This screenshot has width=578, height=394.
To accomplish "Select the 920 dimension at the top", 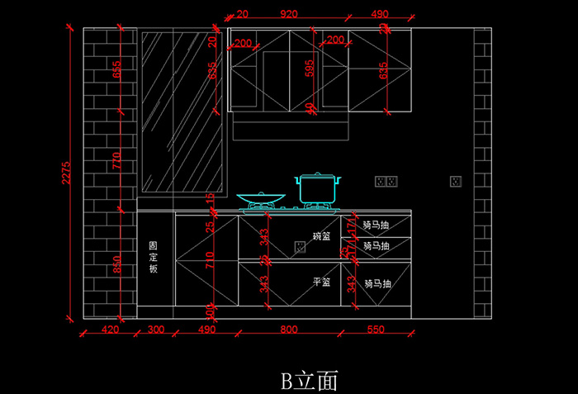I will click(x=288, y=14).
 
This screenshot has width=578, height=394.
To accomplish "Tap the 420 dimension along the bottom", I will click(x=110, y=330).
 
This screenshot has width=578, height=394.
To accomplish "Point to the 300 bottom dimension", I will click(x=155, y=330).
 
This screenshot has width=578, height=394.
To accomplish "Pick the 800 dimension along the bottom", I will click(x=288, y=330).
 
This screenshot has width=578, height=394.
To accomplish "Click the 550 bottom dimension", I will click(x=376, y=330).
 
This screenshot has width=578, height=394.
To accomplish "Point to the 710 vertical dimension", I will click(x=211, y=262).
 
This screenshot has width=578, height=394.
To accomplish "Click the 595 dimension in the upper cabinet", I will click(x=310, y=69).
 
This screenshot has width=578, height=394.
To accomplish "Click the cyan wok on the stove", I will click(x=262, y=198).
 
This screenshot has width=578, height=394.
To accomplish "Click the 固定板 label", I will click(x=153, y=258).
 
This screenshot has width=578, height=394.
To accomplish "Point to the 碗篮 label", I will click(x=321, y=236).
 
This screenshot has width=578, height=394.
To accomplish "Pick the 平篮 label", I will click(x=321, y=282).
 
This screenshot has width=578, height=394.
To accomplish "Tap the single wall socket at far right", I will click(x=455, y=181).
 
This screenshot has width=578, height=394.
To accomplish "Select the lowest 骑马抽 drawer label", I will click(x=377, y=283).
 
